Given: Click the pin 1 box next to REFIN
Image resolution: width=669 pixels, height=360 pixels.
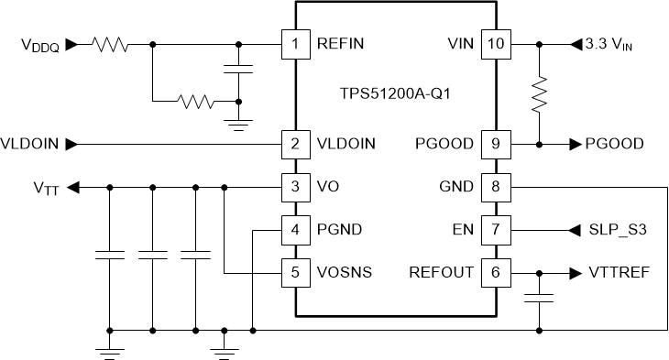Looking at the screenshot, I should [x=294, y=43].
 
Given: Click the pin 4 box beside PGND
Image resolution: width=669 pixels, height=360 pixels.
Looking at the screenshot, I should [x=294, y=229].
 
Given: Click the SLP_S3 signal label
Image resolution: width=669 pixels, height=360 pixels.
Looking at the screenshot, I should [x=620, y=230].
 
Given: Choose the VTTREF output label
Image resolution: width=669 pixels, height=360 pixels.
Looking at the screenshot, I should [x=616, y=273].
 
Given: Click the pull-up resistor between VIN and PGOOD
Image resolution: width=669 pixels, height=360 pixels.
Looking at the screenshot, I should [x=540, y=93].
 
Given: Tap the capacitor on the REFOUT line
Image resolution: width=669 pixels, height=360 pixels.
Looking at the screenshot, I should [x=540, y=297].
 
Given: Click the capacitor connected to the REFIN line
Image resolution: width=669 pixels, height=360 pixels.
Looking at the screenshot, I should [x=239, y=70].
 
